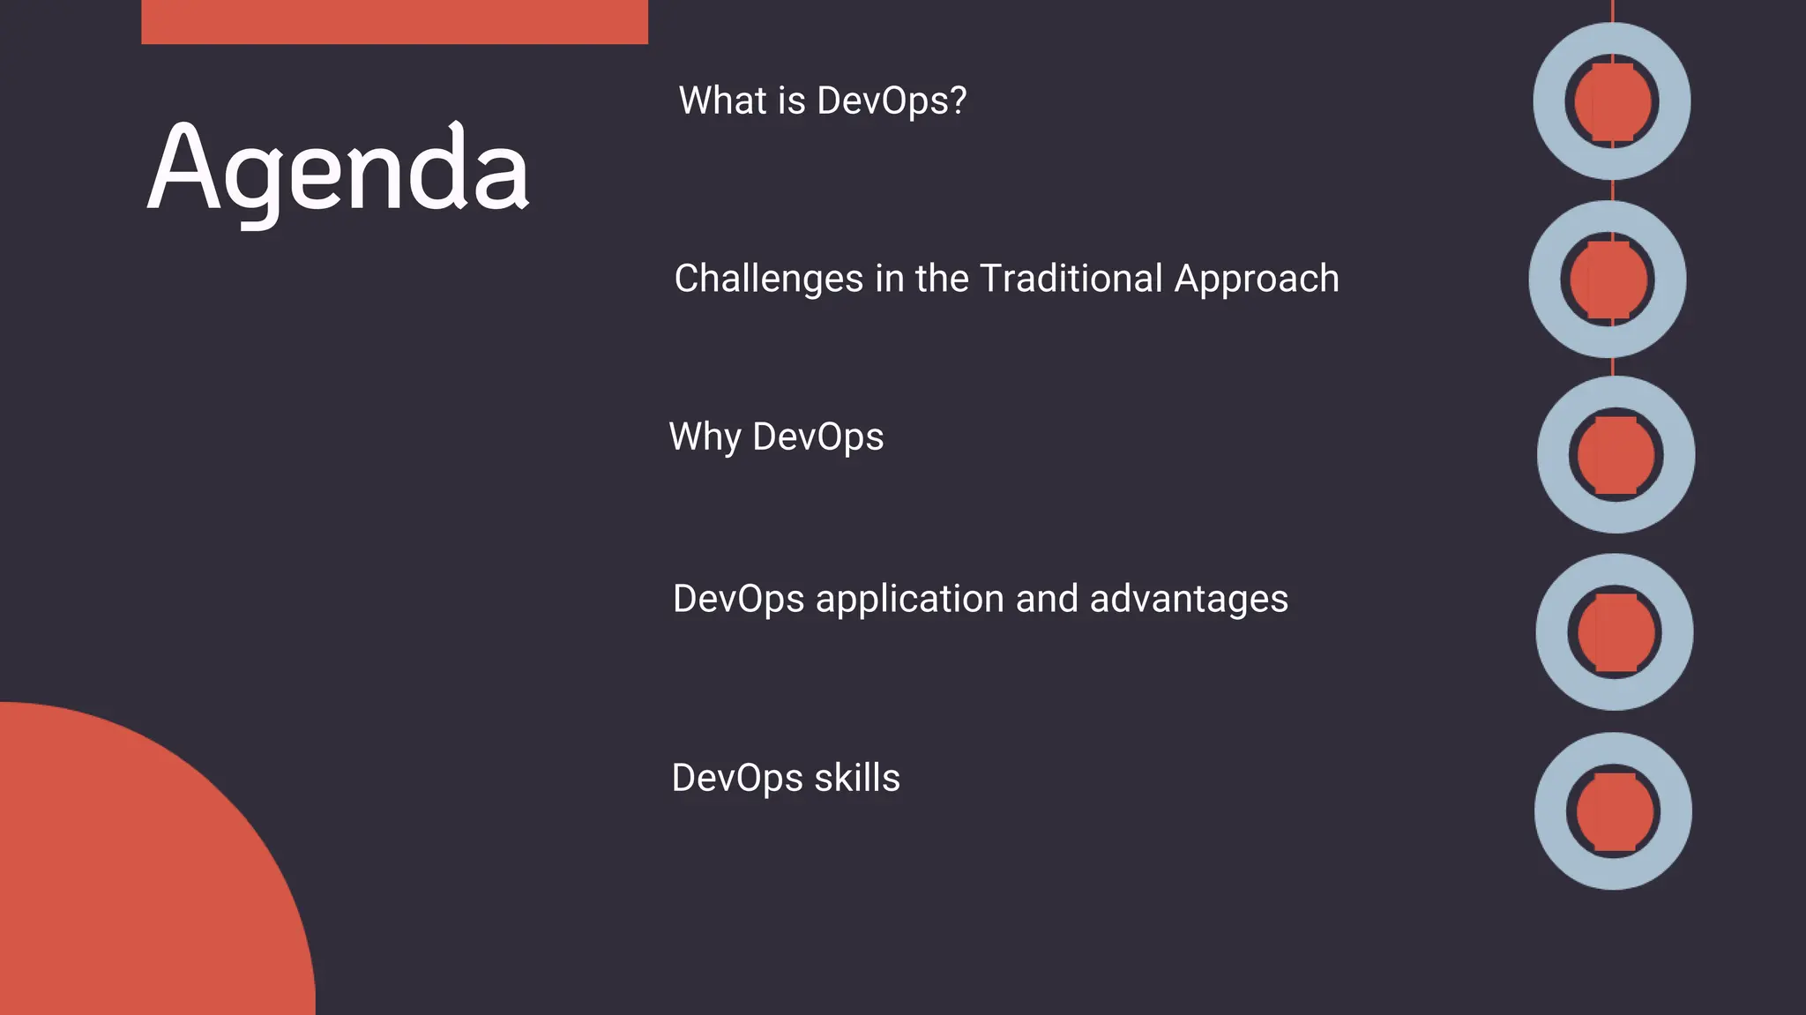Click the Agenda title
338,169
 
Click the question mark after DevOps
959,101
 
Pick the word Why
705,437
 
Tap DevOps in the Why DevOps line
817,437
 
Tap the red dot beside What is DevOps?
1612,101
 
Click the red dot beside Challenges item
1608,280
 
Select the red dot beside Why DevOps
1616,455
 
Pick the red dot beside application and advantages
1615,632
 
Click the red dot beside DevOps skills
1614,811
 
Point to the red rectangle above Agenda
394,21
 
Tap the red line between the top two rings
1612,190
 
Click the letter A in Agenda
183,169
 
